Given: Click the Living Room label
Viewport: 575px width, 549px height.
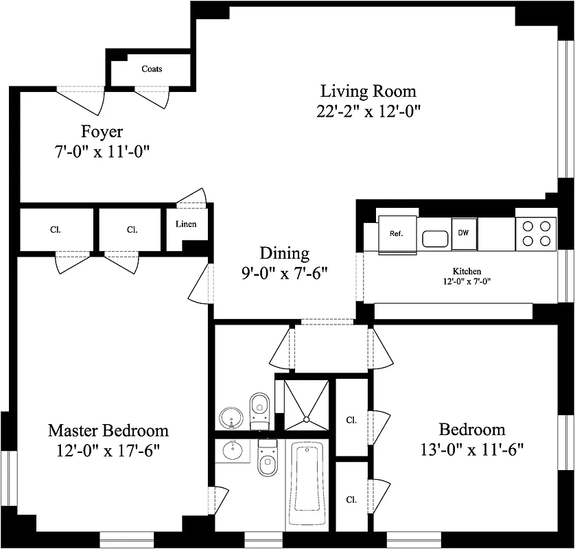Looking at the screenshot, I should coord(368,91).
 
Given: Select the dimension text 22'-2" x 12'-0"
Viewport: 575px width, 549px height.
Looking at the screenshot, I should coord(368,111).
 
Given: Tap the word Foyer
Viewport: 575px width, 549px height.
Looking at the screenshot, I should coord(102,131).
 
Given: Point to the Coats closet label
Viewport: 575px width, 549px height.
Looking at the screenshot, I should coord(152,69).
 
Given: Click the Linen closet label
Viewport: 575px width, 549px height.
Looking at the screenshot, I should coord(186,224).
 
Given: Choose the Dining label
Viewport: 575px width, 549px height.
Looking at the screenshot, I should coord(284,253).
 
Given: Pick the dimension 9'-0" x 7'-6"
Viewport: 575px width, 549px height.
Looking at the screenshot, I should coord(284,272).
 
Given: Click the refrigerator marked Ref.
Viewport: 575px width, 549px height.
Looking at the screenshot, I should coord(396,234).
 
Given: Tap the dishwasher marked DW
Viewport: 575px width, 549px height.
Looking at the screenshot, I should coord(464,233).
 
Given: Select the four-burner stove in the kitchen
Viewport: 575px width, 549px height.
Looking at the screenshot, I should coord(535,233).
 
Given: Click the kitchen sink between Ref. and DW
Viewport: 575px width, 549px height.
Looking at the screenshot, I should coord(434,238).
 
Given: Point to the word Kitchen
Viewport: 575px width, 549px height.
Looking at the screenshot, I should coord(467,271).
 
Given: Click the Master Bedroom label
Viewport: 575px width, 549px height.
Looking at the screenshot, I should coord(108,430).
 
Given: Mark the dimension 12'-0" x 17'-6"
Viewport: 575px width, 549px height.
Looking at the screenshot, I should coord(108,451).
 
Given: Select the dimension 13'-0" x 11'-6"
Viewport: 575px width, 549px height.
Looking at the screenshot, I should coord(472,450).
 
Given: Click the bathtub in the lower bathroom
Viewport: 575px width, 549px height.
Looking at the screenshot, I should coord(307,487).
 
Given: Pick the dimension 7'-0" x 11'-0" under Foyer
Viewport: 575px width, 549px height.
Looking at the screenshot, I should coord(102,152).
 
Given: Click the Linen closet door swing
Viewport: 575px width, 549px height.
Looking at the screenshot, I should coord(193,198).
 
